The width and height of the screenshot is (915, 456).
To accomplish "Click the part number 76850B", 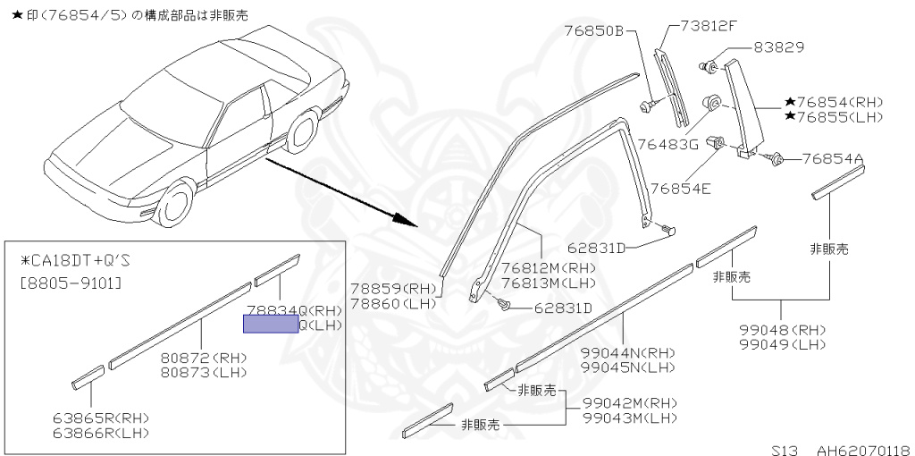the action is tap(592, 30).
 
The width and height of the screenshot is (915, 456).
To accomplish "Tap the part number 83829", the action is tap(778, 47).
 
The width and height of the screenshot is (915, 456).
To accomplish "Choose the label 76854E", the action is tap(681, 188).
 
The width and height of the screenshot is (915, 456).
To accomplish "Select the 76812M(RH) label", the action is tap(548, 267).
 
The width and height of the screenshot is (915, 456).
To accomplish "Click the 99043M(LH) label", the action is tap(630, 418).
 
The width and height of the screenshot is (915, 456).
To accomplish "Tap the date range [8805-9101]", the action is tap(71, 283).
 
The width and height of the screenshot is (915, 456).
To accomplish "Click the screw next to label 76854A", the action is tap(777, 159).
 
